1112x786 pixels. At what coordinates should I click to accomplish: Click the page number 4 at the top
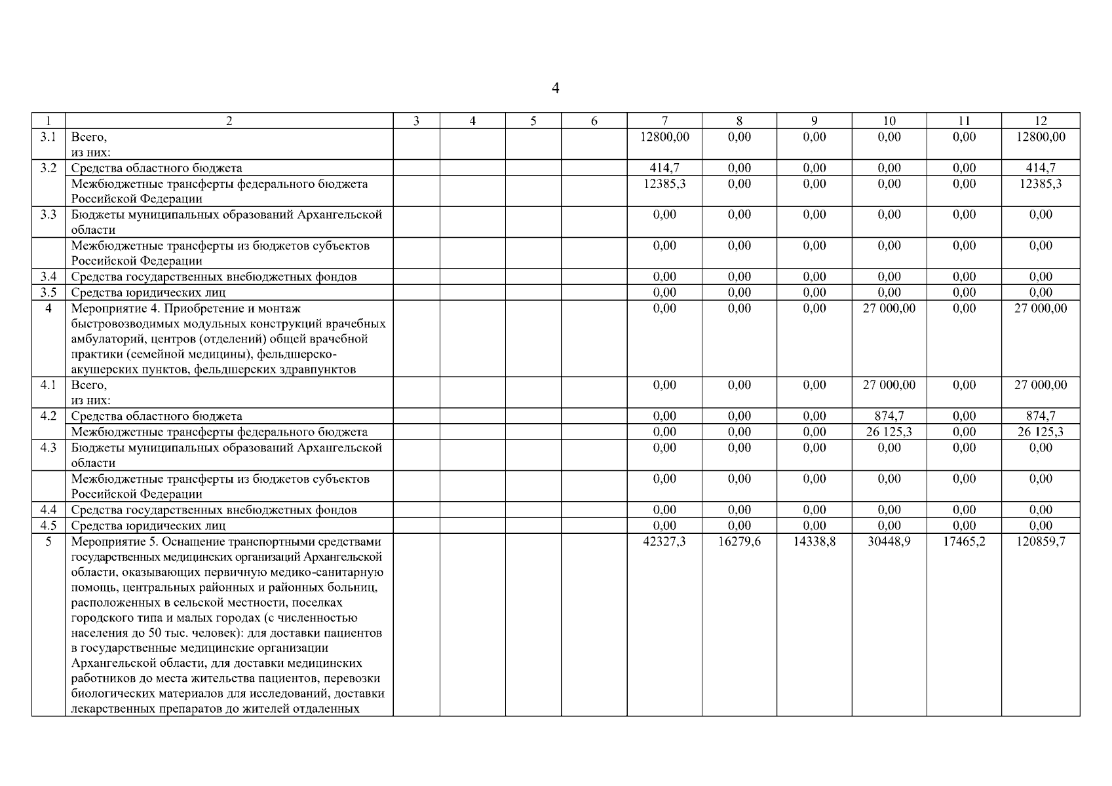click(556, 88)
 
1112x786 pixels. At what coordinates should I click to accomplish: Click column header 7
click(664, 121)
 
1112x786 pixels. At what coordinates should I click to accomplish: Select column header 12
click(1041, 121)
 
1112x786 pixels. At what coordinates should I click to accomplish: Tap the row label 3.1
click(48, 137)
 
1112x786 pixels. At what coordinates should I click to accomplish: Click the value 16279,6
click(739, 542)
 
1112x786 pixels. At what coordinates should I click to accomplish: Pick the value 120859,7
click(1041, 542)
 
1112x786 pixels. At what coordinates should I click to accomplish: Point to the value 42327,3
click(664, 542)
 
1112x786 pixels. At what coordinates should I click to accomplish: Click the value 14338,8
click(815, 542)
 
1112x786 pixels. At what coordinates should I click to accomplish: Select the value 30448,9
click(889, 542)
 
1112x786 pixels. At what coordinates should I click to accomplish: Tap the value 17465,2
click(964, 542)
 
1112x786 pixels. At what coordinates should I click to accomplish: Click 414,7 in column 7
click(664, 168)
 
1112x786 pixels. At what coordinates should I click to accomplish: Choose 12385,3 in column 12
click(1041, 184)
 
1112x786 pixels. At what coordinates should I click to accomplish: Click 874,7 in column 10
click(889, 416)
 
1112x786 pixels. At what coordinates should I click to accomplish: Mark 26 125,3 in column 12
click(1041, 432)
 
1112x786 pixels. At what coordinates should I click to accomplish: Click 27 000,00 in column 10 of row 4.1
click(889, 385)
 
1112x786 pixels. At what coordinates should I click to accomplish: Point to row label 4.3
click(48, 447)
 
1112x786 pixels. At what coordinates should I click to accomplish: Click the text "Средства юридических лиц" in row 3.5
click(148, 293)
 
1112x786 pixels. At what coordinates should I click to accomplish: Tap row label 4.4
click(48, 510)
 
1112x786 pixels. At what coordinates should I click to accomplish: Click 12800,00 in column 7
click(664, 137)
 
